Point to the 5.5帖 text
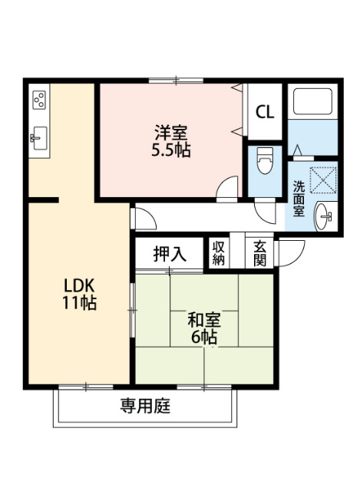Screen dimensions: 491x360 (x=170, y=150)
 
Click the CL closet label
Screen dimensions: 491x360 (x=265, y=112)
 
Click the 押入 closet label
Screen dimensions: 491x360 (x=170, y=254)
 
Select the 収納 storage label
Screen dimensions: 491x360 (x=219, y=252)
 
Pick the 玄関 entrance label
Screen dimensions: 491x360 (x=260, y=252)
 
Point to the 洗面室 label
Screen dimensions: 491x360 (x=298, y=197)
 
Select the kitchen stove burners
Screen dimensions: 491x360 (x=40, y=100)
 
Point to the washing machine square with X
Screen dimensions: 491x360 (x=323, y=182)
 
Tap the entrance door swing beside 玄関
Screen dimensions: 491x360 (x=290, y=252)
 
